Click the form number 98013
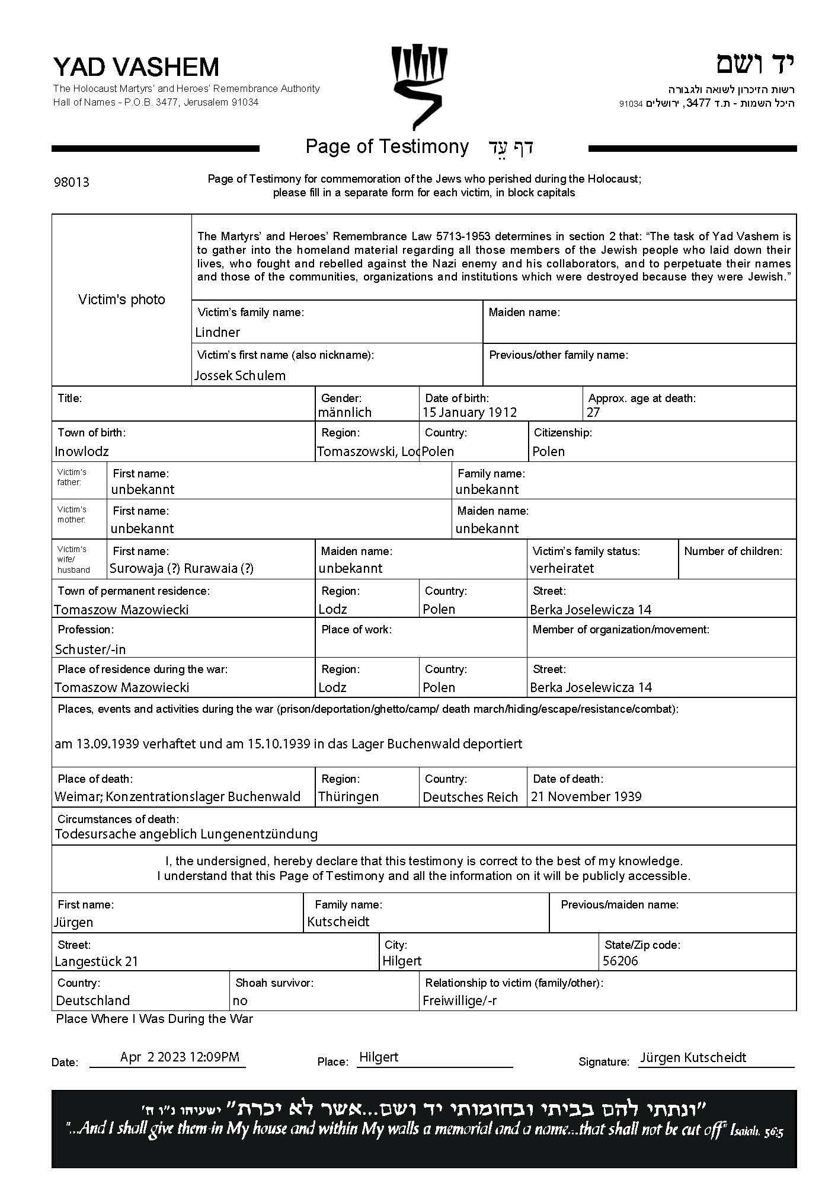point(72,182)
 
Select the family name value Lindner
point(218,332)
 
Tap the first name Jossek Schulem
point(240,375)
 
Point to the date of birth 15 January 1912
point(469,412)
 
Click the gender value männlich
point(344,412)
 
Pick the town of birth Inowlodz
point(82,451)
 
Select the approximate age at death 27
point(593,412)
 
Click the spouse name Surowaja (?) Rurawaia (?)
point(181,568)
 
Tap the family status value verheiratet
point(562,568)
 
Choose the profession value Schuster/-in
point(90,649)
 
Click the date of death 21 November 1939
point(586,796)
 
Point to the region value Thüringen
point(348,796)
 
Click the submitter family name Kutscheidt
point(338,922)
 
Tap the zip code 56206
point(620,961)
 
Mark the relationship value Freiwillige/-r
point(459,1000)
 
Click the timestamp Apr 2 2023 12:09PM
point(180,1057)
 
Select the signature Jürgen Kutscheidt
point(693,1057)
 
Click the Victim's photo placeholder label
point(121,299)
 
